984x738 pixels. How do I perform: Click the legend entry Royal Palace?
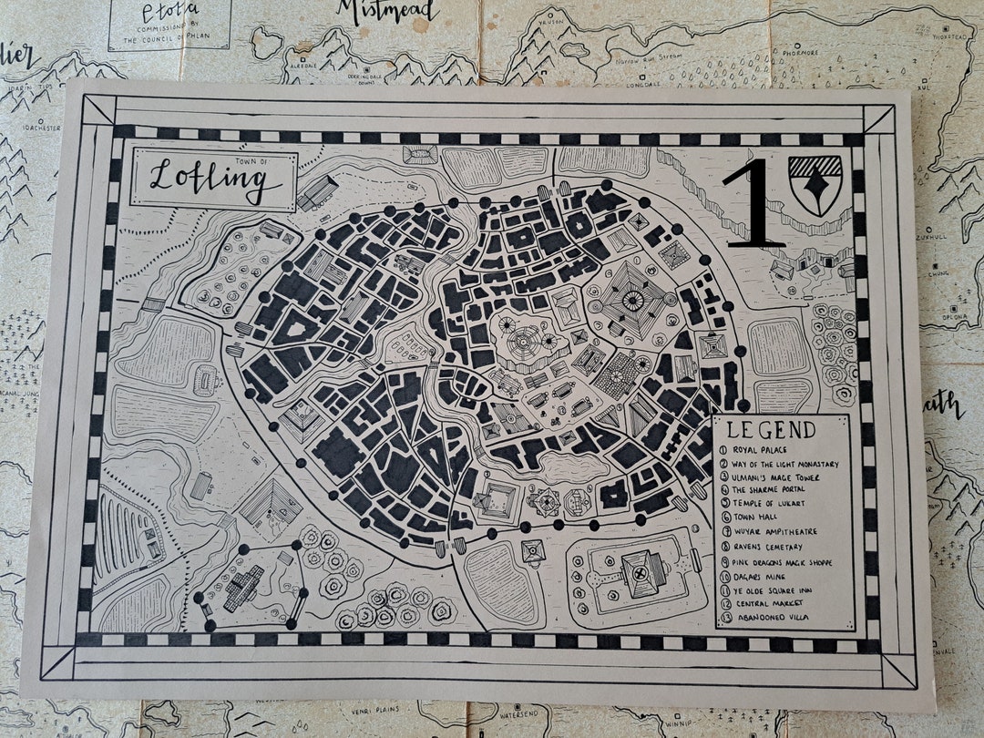click(x=766, y=449)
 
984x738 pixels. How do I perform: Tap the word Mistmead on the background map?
click(x=388, y=11)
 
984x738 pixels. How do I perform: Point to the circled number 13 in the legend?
click(x=725, y=619)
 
